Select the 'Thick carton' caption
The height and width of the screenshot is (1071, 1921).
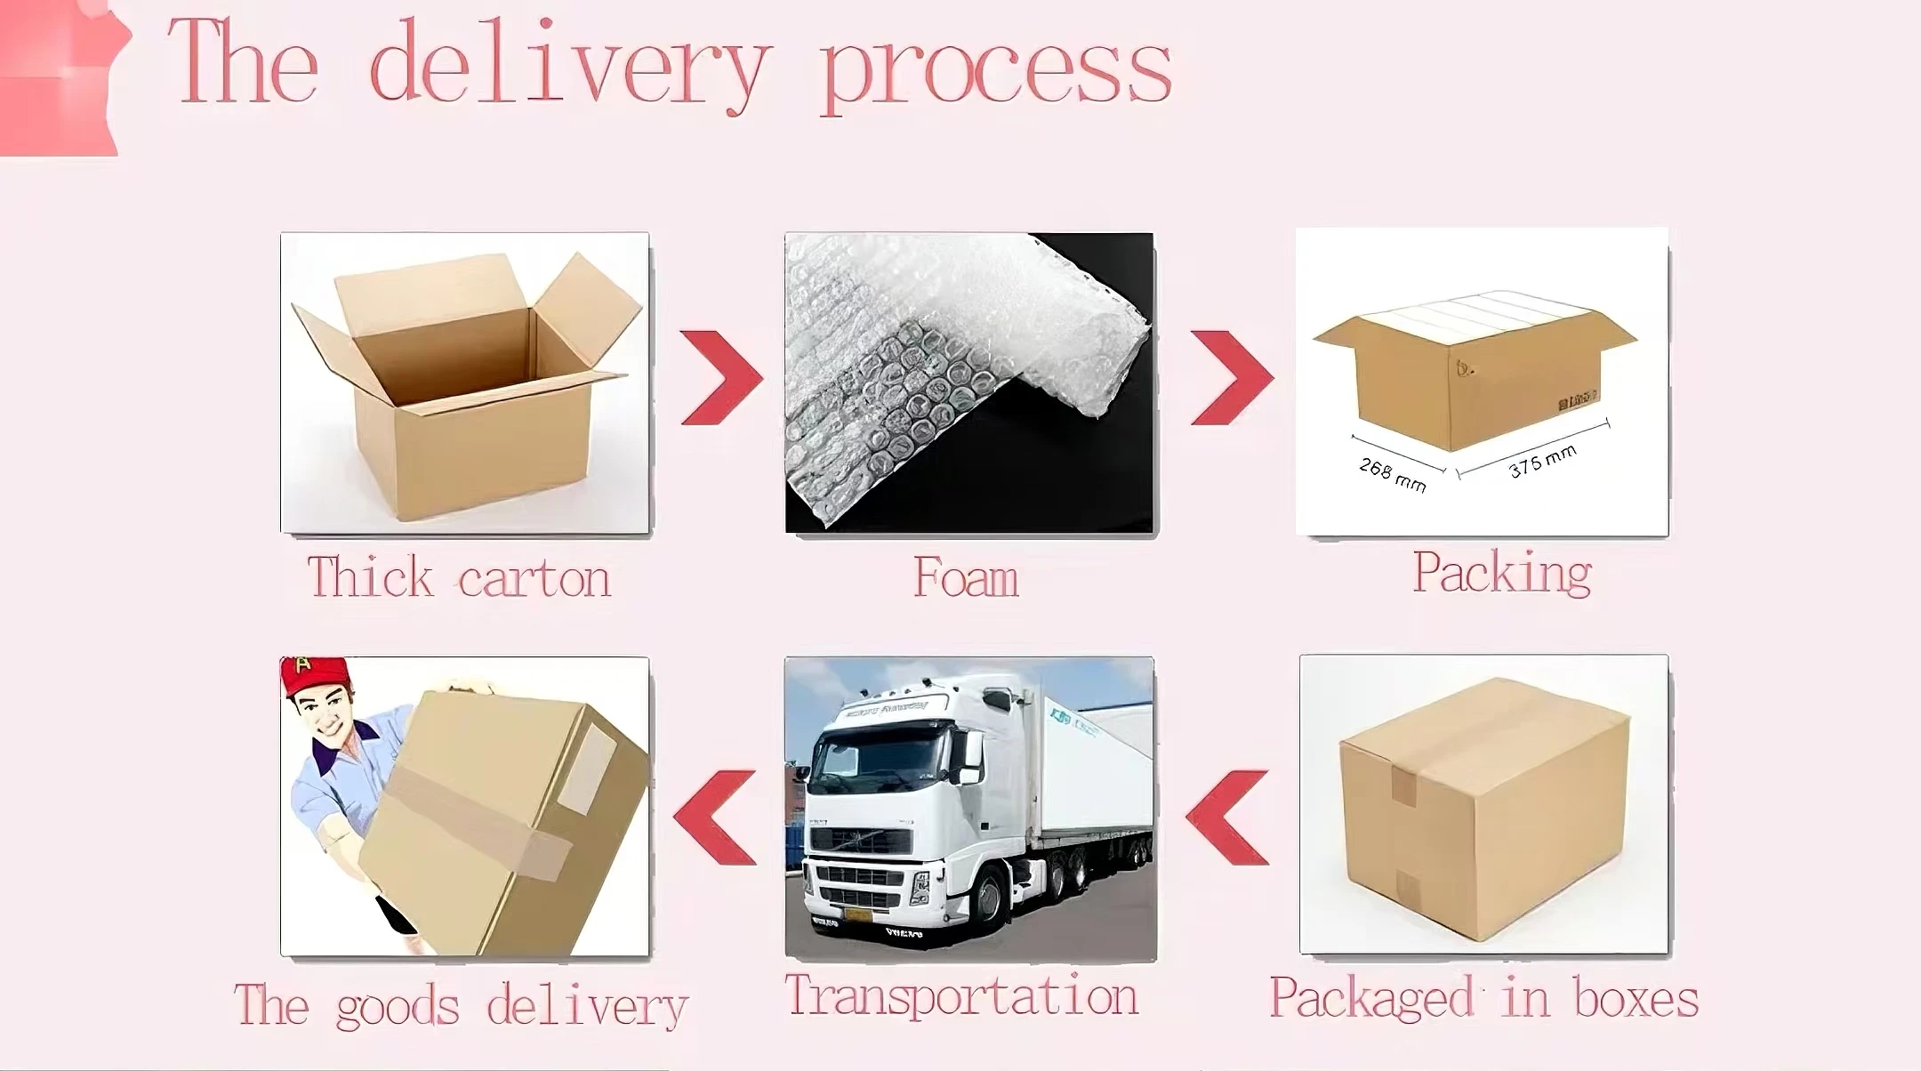[459, 577]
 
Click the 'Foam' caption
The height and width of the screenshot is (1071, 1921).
[966, 578]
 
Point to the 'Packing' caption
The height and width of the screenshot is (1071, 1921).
[1502, 573]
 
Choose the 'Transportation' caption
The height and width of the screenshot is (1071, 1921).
[961, 995]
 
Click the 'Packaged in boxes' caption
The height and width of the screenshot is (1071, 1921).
[1483, 998]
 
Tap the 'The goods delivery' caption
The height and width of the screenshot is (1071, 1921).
[461, 1006]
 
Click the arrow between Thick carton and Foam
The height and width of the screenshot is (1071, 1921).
[721, 377]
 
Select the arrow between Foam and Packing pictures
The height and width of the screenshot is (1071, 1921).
[1232, 377]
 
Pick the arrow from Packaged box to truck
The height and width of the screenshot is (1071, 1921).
[1228, 817]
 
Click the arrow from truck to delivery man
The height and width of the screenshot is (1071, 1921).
[716, 817]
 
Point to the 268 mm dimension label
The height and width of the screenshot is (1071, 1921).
[1393, 475]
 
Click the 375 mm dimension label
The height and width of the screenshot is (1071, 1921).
[1542, 461]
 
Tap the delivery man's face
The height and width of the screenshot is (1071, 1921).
[325, 715]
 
